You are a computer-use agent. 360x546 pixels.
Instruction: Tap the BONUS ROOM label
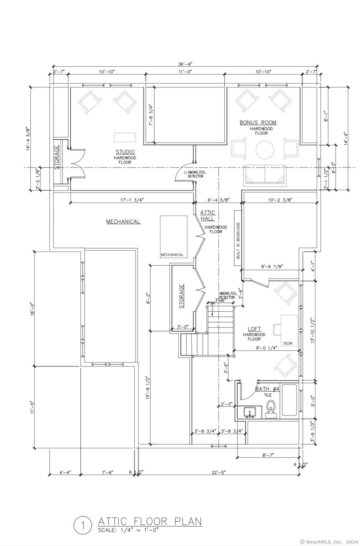[x=258, y=122]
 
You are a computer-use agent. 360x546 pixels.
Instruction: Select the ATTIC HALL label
[x=207, y=216]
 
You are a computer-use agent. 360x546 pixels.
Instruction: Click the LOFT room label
[x=254, y=329]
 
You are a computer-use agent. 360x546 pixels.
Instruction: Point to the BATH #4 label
[x=267, y=389]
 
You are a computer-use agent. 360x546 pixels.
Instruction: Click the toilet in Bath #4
[x=271, y=408]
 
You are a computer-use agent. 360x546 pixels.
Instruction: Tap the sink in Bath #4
[x=249, y=412]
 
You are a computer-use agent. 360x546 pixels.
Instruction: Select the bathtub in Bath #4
[x=290, y=400]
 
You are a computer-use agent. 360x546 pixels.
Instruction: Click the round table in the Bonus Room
[x=265, y=150]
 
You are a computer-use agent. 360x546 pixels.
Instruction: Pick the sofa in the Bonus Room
[x=265, y=175]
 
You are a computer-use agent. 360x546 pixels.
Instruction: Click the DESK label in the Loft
[x=288, y=344]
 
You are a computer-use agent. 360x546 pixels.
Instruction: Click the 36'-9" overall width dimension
[x=185, y=64]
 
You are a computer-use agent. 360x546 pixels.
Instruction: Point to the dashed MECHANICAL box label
[x=172, y=255]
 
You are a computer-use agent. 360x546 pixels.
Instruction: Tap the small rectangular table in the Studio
[x=125, y=137]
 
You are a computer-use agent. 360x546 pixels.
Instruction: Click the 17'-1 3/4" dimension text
[x=132, y=200]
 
